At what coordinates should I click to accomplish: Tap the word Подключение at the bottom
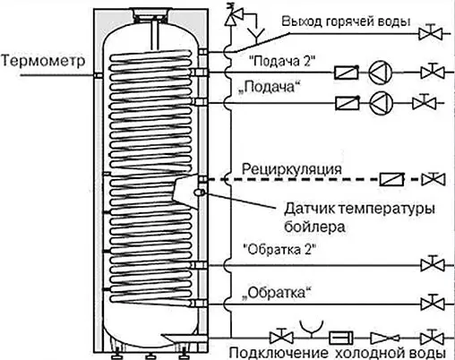[272, 350]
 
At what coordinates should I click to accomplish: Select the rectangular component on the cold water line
[341, 337]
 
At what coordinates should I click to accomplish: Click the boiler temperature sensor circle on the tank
[202, 191]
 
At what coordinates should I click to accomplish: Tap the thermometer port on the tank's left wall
[97, 77]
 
